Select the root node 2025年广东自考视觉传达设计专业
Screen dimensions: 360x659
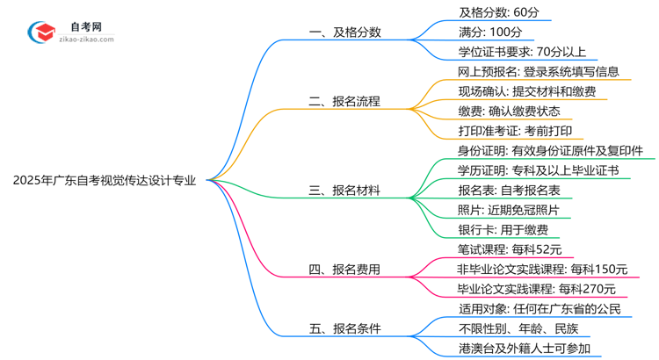click(x=105, y=181)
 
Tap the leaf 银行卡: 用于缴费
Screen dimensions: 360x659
click(x=502, y=229)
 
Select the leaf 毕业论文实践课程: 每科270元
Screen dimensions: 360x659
click(x=536, y=289)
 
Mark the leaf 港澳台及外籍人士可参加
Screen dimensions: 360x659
click(x=524, y=349)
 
